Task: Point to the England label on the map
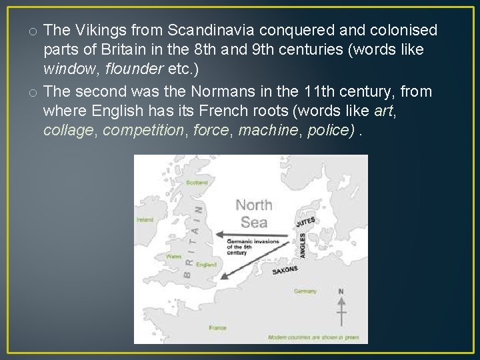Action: tap(206, 265)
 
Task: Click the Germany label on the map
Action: tap(305, 291)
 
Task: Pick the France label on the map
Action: tap(218, 328)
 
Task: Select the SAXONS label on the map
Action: tap(285, 270)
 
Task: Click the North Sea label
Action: tap(254, 213)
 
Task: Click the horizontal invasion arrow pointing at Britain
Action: tap(253, 234)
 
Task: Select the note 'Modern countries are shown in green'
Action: tap(323, 337)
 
